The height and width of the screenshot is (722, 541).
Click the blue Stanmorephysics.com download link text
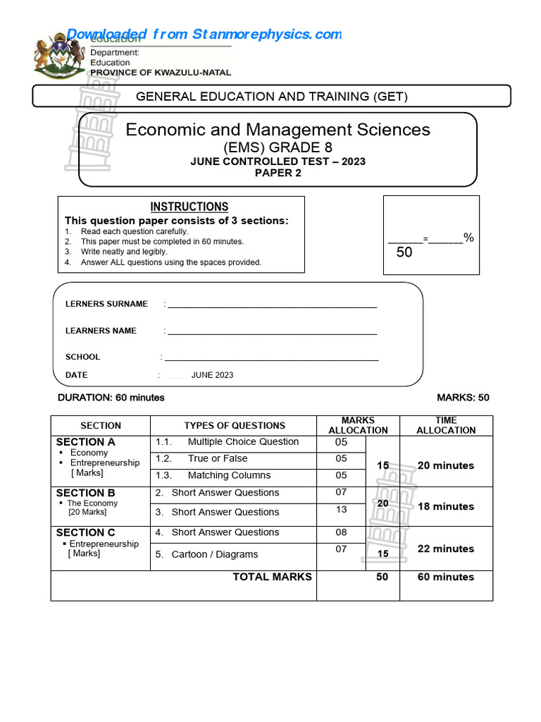click(204, 35)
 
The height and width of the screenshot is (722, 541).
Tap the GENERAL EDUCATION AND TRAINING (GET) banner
click(271, 97)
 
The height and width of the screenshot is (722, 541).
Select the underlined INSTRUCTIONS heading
click(189, 207)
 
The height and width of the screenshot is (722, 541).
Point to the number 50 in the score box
click(404, 252)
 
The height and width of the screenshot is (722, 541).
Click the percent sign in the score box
click(468, 238)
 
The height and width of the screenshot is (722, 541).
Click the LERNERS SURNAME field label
click(106, 304)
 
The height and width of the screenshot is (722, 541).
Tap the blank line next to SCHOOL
click(272, 357)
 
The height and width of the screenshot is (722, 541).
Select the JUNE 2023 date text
click(212, 375)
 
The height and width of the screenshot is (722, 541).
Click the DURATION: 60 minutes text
click(111, 398)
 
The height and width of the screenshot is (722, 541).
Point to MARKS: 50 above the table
click(463, 398)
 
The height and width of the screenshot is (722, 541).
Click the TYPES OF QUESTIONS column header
click(235, 426)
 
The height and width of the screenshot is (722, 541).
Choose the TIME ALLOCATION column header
click(446, 425)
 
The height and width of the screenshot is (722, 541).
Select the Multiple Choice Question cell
click(243, 442)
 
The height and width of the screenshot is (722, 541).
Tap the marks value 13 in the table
click(341, 510)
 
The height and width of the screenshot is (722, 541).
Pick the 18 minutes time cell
click(446, 506)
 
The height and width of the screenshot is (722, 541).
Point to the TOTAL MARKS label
click(272, 577)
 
